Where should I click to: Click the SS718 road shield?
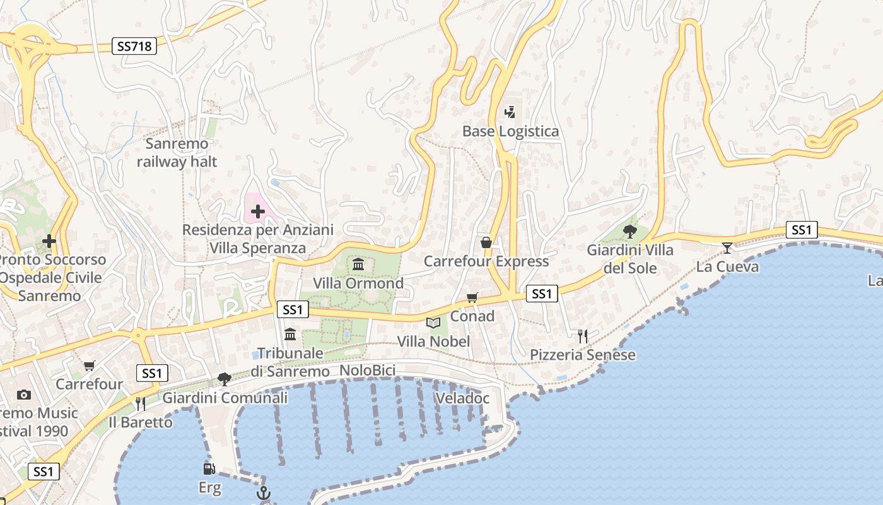pyautogui.click(x=135, y=46)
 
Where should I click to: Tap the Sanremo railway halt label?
pyautogui.click(x=177, y=153)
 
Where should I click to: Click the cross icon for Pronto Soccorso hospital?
pyautogui.click(x=49, y=241)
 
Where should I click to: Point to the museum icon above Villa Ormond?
pyautogui.click(x=358, y=264)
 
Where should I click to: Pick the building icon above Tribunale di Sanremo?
pyautogui.click(x=290, y=334)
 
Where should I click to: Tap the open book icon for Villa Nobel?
pyautogui.click(x=433, y=323)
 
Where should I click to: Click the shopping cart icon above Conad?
pyautogui.click(x=472, y=297)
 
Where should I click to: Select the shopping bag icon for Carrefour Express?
pyautogui.click(x=486, y=242)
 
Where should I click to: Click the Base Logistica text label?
pyautogui.click(x=510, y=131)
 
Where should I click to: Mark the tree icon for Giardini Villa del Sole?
pyautogui.click(x=629, y=231)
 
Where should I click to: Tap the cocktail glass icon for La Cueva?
pyautogui.click(x=727, y=247)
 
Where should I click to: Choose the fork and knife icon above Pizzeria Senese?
pyautogui.click(x=583, y=336)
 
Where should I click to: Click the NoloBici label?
pyautogui.click(x=367, y=371)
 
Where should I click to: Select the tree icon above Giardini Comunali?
pyautogui.click(x=224, y=379)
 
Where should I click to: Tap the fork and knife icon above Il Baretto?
pyautogui.click(x=140, y=403)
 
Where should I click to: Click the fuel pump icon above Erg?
pyautogui.click(x=209, y=469)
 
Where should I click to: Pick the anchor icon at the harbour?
pyautogui.click(x=264, y=493)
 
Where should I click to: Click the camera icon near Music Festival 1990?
pyautogui.click(x=24, y=395)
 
